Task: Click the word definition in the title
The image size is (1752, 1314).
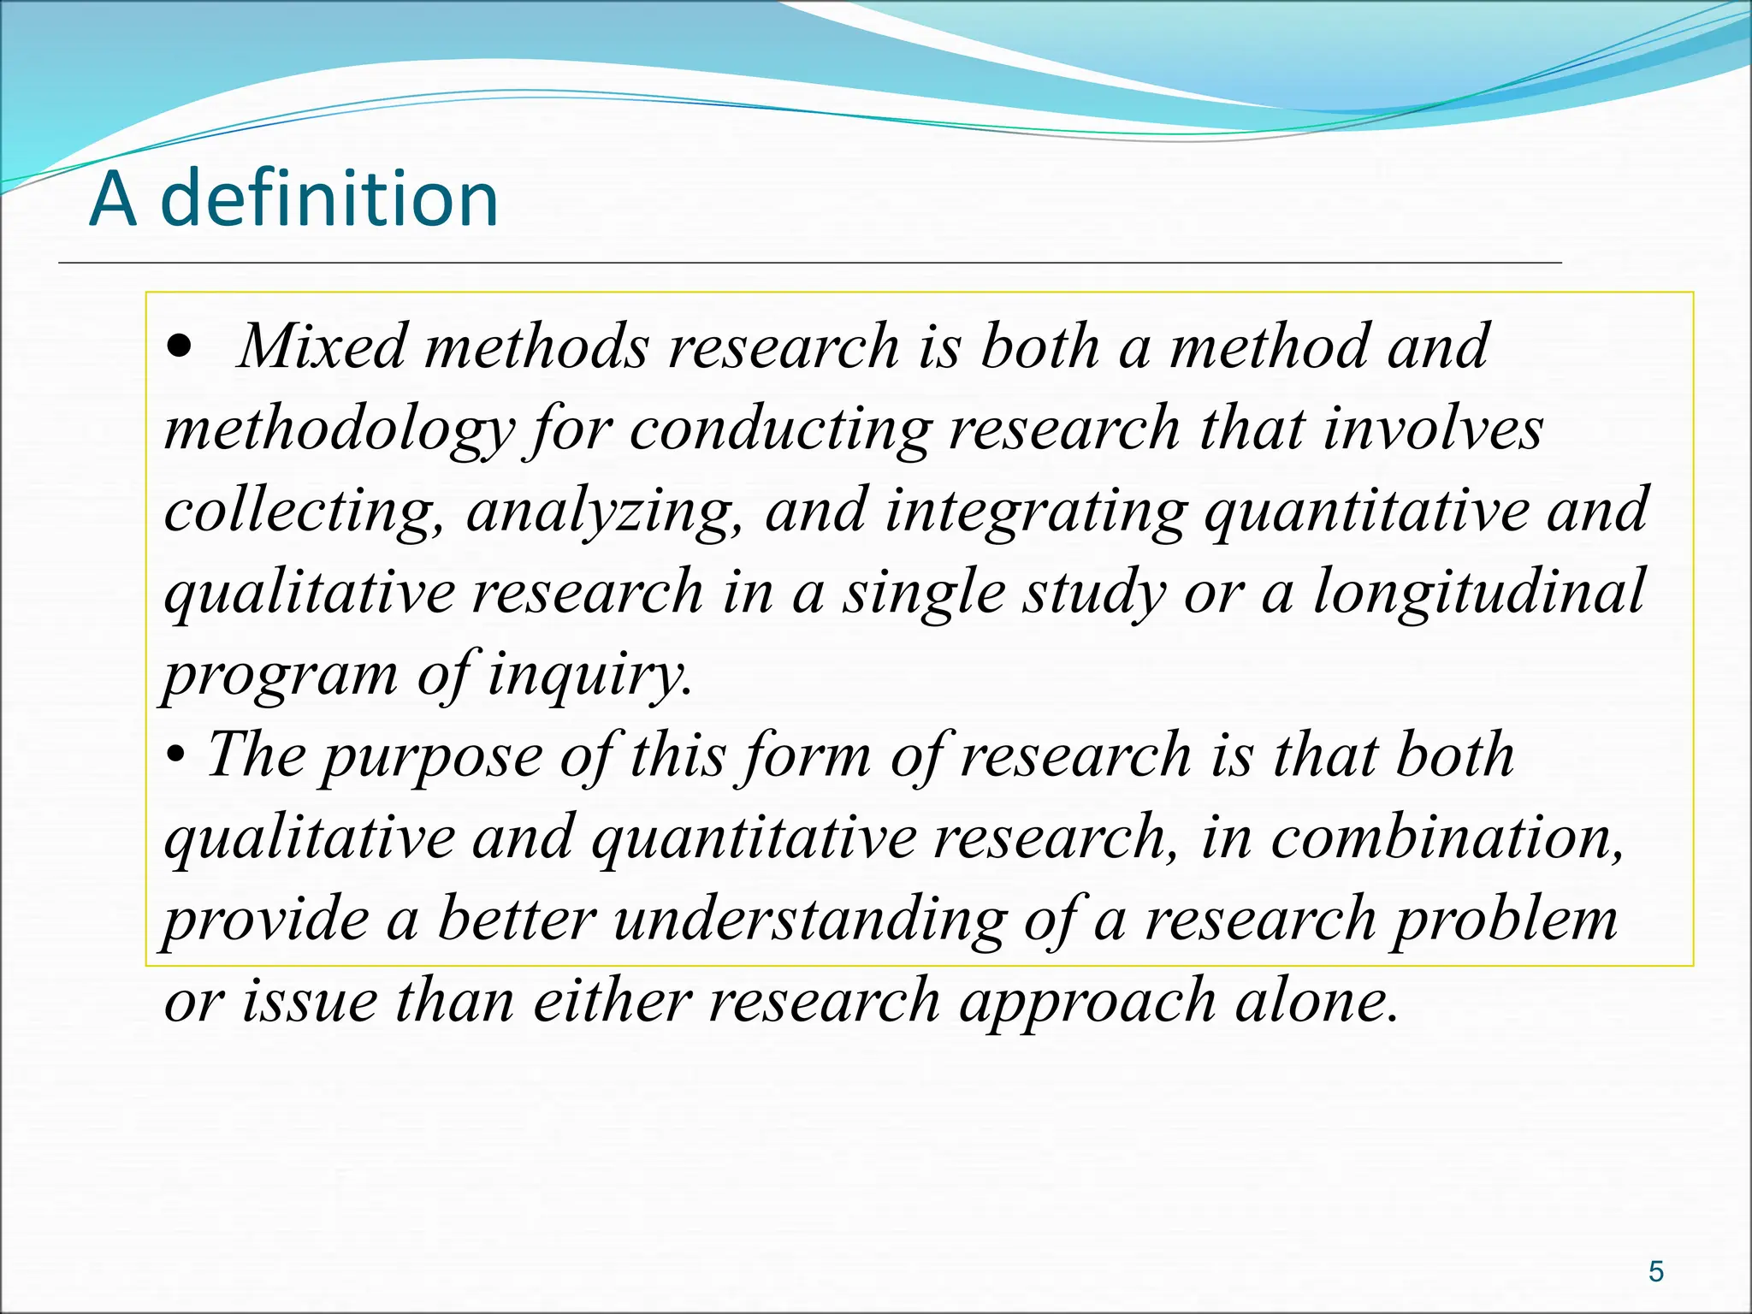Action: point(329,198)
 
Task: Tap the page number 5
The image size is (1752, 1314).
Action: point(1656,1272)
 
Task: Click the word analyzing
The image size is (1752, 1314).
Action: point(603,511)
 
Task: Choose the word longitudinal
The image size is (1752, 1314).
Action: point(1478,591)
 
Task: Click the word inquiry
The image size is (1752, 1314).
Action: point(589,674)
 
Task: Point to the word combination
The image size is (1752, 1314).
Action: point(1446,837)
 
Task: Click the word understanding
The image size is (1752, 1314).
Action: point(809,919)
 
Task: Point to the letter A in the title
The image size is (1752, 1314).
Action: point(113,198)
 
